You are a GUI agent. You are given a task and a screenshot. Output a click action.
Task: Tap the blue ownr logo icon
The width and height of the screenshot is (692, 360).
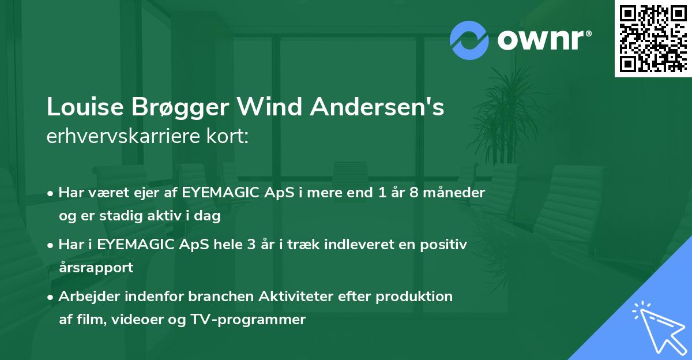(x=469, y=40)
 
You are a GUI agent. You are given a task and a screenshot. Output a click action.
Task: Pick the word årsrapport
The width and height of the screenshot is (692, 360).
(x=96, y=268)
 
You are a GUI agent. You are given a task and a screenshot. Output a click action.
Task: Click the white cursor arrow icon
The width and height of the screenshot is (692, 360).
(x=656, y=327)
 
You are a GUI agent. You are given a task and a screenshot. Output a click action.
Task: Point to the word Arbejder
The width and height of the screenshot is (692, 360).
(x=88, y=296)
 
